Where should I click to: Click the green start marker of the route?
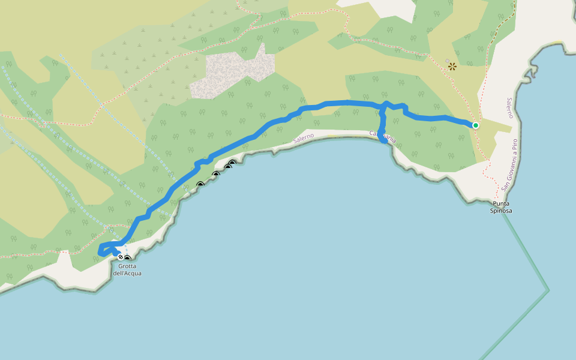tap(475, 125)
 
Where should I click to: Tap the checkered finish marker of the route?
tap(121, 257)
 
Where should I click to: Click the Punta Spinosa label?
tap(500, 207)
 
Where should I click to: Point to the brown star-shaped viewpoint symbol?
tap(452, 67)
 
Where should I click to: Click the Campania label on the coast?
tap(383, 137)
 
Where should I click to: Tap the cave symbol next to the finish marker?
tap(127, 259)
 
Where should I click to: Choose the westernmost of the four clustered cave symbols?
tap(200, 185)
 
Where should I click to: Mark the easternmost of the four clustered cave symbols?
tap(232, 163)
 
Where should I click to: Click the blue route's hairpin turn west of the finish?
tap(100, 251)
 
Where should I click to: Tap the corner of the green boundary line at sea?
tap(548, 291)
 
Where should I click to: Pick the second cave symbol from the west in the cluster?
tap(216, 175)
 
